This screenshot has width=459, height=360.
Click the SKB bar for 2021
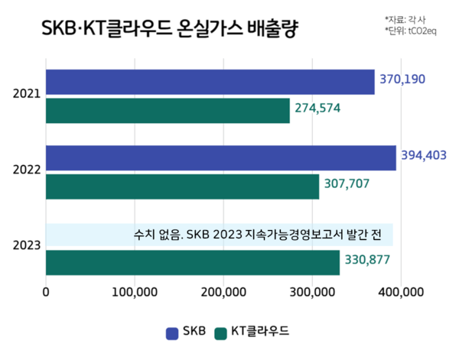(210, 82)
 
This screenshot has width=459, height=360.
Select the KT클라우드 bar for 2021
(168, 111)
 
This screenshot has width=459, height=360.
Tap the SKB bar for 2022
(221, 158)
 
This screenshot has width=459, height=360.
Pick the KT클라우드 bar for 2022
(183, 186)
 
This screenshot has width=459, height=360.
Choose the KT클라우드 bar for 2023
(193, 262)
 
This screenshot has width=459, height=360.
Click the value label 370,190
(401, 79)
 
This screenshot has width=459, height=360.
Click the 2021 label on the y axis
(27, 96)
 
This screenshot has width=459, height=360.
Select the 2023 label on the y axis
(27, 245)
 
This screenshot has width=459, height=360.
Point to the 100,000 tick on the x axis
(135, 291)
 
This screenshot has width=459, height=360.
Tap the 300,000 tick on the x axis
(312, 291)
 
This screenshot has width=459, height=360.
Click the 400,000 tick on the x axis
(401, 291)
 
